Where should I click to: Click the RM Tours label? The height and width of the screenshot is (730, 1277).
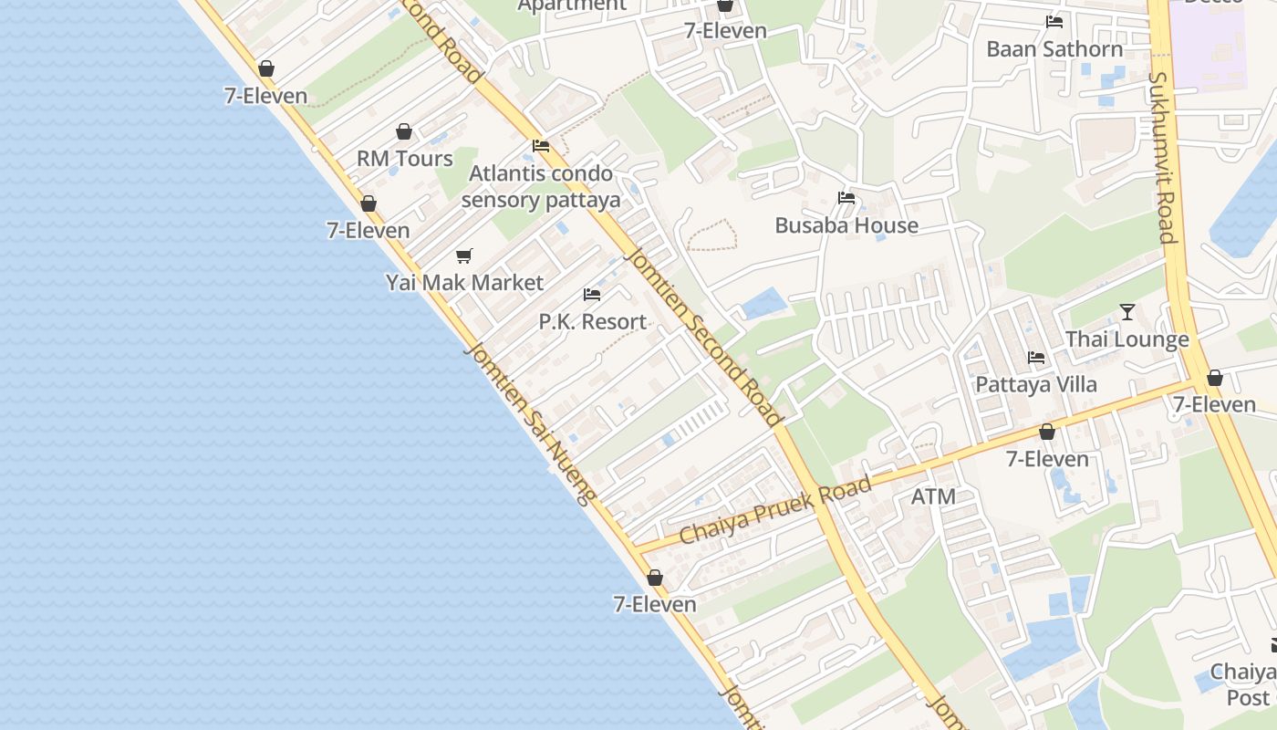pyautogui.click(x=404, y=159)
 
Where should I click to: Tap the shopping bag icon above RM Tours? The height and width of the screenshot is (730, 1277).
pyautogui.click(x=404, y=132)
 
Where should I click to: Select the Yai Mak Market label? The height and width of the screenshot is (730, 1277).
pyautogui.click(x=464, y=283)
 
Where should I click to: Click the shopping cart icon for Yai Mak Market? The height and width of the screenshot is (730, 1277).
pyautogui.click(x=464, y=256)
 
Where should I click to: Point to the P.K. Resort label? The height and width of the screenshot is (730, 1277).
pyautogui.click(x=592, y=322)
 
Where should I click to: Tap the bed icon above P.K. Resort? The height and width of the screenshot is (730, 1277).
pyautogui.click(x=592, y=295)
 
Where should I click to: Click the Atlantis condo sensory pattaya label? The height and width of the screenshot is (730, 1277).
pyautogui.click(x=541, y=187)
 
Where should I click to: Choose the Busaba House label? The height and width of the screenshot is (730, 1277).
pyautogui.click(x=846, y=225)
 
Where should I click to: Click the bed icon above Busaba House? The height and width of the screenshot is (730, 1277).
pyautogui.click(x=846, y=198)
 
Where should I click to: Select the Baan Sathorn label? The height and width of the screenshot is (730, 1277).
pyautogui.click(x=1054, y=49)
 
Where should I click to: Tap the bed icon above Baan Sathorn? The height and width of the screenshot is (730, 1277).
pyautogui.click(x=1054, y=22)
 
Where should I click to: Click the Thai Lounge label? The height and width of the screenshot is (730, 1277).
pyautogui.click(x=1127, y=339)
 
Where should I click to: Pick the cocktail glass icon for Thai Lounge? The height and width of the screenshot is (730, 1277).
pyautogui.click(x=1127, y=312)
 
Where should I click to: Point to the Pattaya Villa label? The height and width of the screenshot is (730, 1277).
pyautogui.click(x=1036, y=384)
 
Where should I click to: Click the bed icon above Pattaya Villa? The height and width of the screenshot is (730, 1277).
pyautogui.click(x=1036, y=358)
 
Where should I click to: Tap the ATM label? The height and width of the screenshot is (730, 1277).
pyautogui.click(x=933, y=497)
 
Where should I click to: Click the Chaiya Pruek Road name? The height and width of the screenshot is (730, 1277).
pyautogui.click(x=774, y=511)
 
